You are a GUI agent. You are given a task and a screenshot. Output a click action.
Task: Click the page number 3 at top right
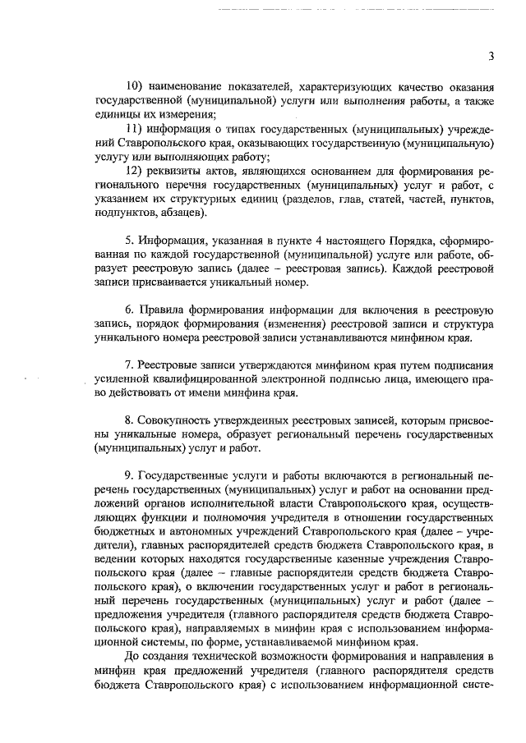coord(491,56)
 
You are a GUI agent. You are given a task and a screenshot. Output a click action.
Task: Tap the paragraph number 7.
coord(130,365)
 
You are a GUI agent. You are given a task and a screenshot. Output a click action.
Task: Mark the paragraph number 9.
coord(130,475)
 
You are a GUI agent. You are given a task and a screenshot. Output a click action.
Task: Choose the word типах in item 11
coord(236,129)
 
